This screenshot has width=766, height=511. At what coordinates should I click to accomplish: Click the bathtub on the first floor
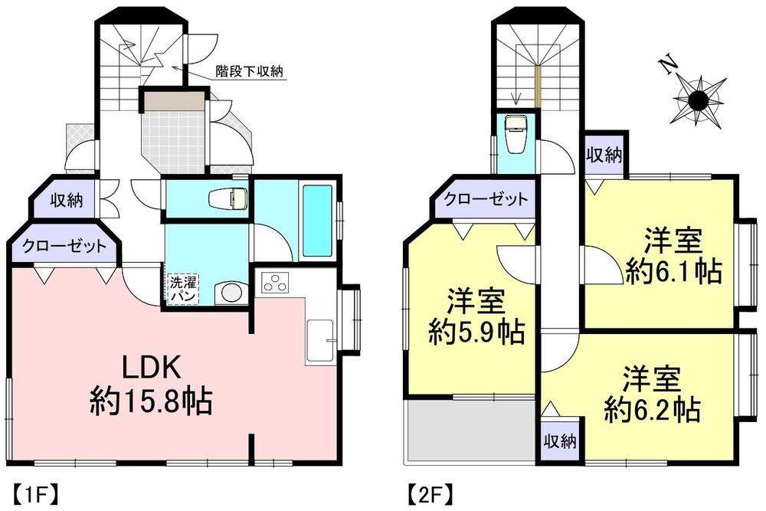pos(317,220)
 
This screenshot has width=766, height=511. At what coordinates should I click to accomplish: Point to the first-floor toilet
pos(228,198)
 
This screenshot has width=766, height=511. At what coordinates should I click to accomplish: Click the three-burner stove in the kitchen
pos(274,283)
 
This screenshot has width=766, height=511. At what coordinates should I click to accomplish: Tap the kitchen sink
pos(319,337)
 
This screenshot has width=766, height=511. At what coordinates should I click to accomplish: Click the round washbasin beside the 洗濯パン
pos(228,293)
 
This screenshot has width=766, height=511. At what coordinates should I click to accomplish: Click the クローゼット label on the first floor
pos(64,247)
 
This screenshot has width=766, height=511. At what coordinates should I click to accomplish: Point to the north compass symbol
pos(697,99)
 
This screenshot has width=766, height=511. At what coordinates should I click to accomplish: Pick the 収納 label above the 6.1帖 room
pos(604,156)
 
